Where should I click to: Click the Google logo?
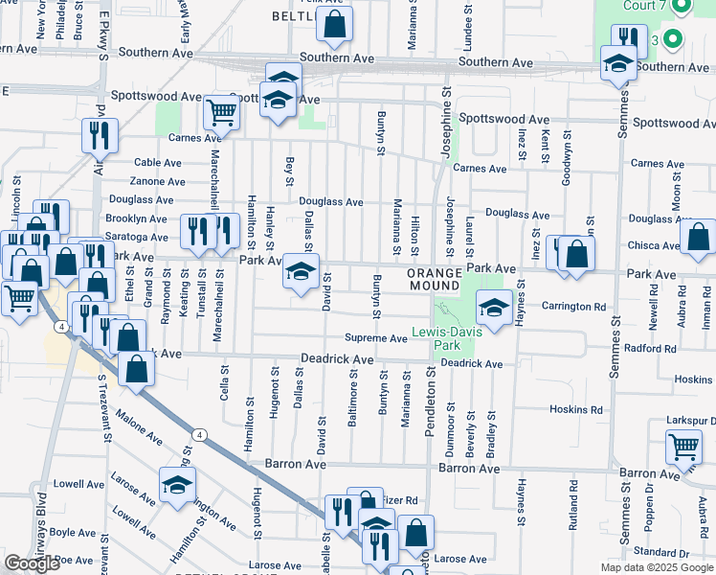[32, 563]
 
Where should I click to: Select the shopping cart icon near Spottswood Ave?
[222, 113]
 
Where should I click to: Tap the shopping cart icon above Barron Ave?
[684, 447]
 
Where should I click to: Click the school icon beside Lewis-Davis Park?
[493, 309]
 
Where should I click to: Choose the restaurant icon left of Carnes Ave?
[100, 136]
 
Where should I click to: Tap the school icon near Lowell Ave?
[177, 486]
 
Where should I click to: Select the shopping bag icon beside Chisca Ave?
[699, 238]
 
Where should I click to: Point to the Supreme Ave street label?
[376, 338]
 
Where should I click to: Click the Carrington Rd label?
[575, 308]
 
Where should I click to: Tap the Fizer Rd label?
[400, 500]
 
